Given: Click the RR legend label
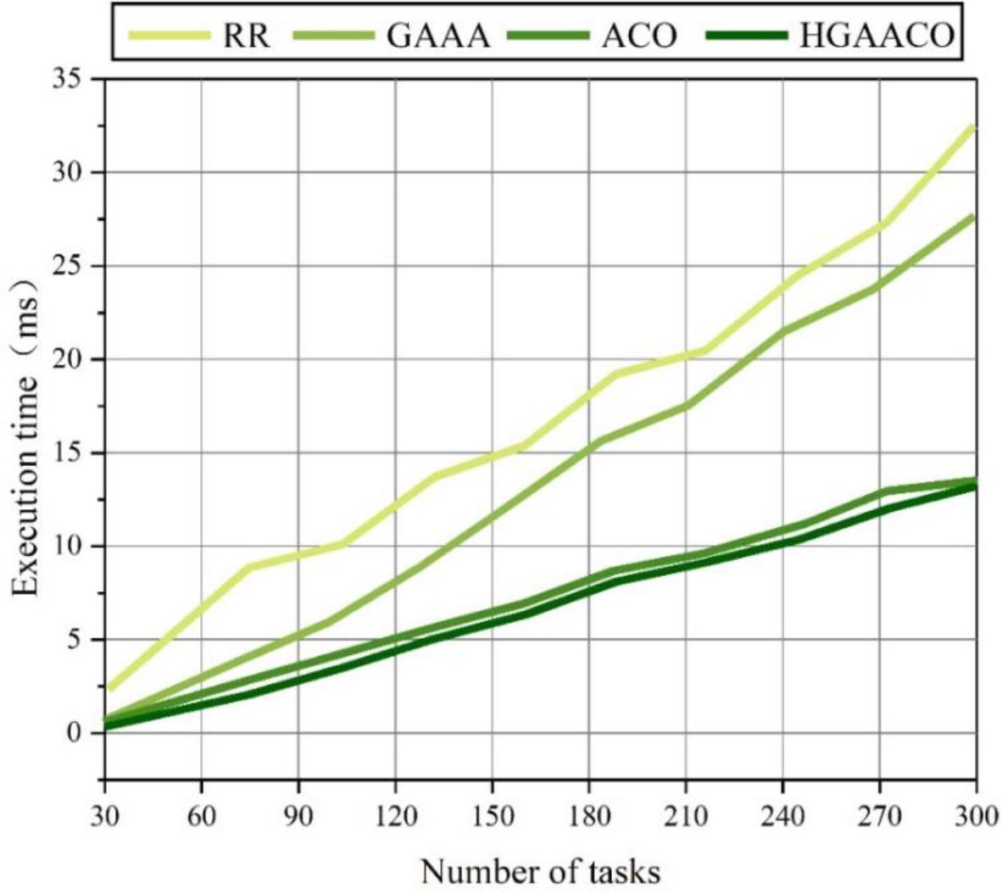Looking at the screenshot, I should [246, 35].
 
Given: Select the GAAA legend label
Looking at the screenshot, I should [437, 35].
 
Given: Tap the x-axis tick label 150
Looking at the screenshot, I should [492, 816].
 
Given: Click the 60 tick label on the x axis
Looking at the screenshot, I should [201, 816].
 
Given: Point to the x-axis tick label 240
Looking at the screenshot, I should [782, 816].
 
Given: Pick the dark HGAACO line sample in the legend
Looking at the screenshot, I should [746, 35].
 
